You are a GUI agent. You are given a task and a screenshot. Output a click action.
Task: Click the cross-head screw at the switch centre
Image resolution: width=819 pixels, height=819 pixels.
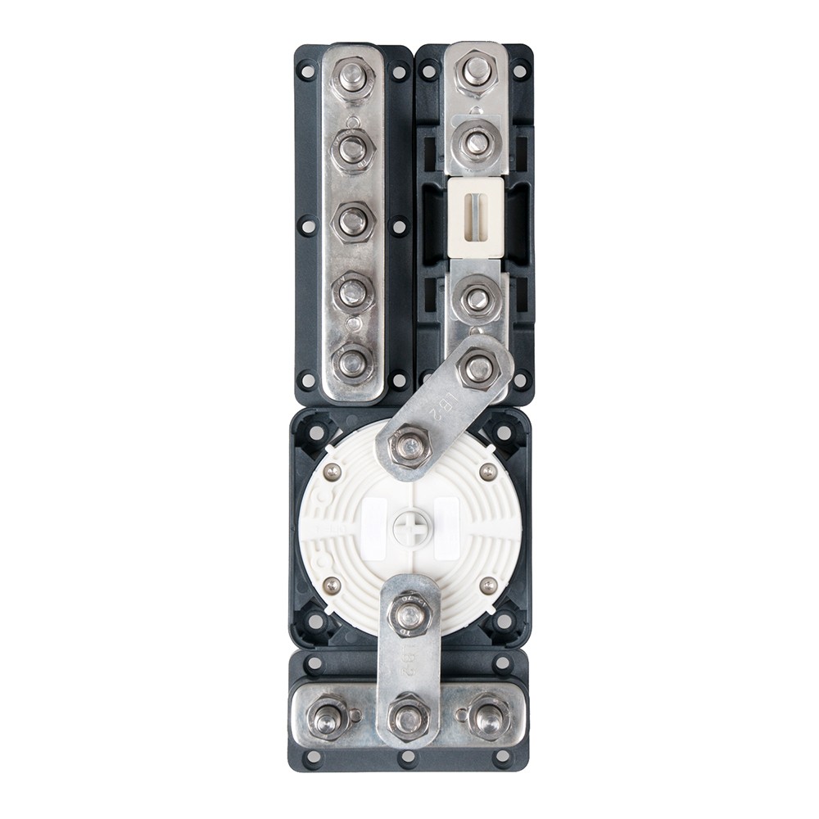409,527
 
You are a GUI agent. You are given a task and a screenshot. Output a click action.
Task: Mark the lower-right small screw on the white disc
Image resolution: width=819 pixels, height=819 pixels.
487,584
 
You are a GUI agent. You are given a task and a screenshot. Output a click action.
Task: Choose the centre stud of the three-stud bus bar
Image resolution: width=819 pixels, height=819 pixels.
409,717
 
